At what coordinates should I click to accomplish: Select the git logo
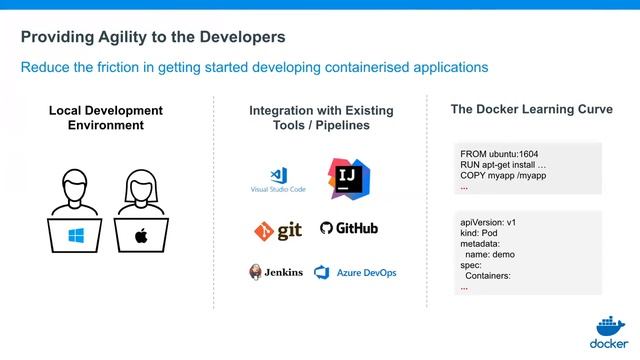pos(277,230)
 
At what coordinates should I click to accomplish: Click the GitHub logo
pos(349,229)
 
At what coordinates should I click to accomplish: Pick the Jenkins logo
pos(276,272)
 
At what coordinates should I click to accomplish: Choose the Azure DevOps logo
pos(355,272)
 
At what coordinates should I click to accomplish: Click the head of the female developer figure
pos(140,185)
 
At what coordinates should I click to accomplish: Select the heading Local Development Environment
pos(106,118)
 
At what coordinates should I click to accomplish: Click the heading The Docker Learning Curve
pos(531,109)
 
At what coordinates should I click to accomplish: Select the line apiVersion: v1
pos(487,221)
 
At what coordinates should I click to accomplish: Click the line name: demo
pos(490,254)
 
